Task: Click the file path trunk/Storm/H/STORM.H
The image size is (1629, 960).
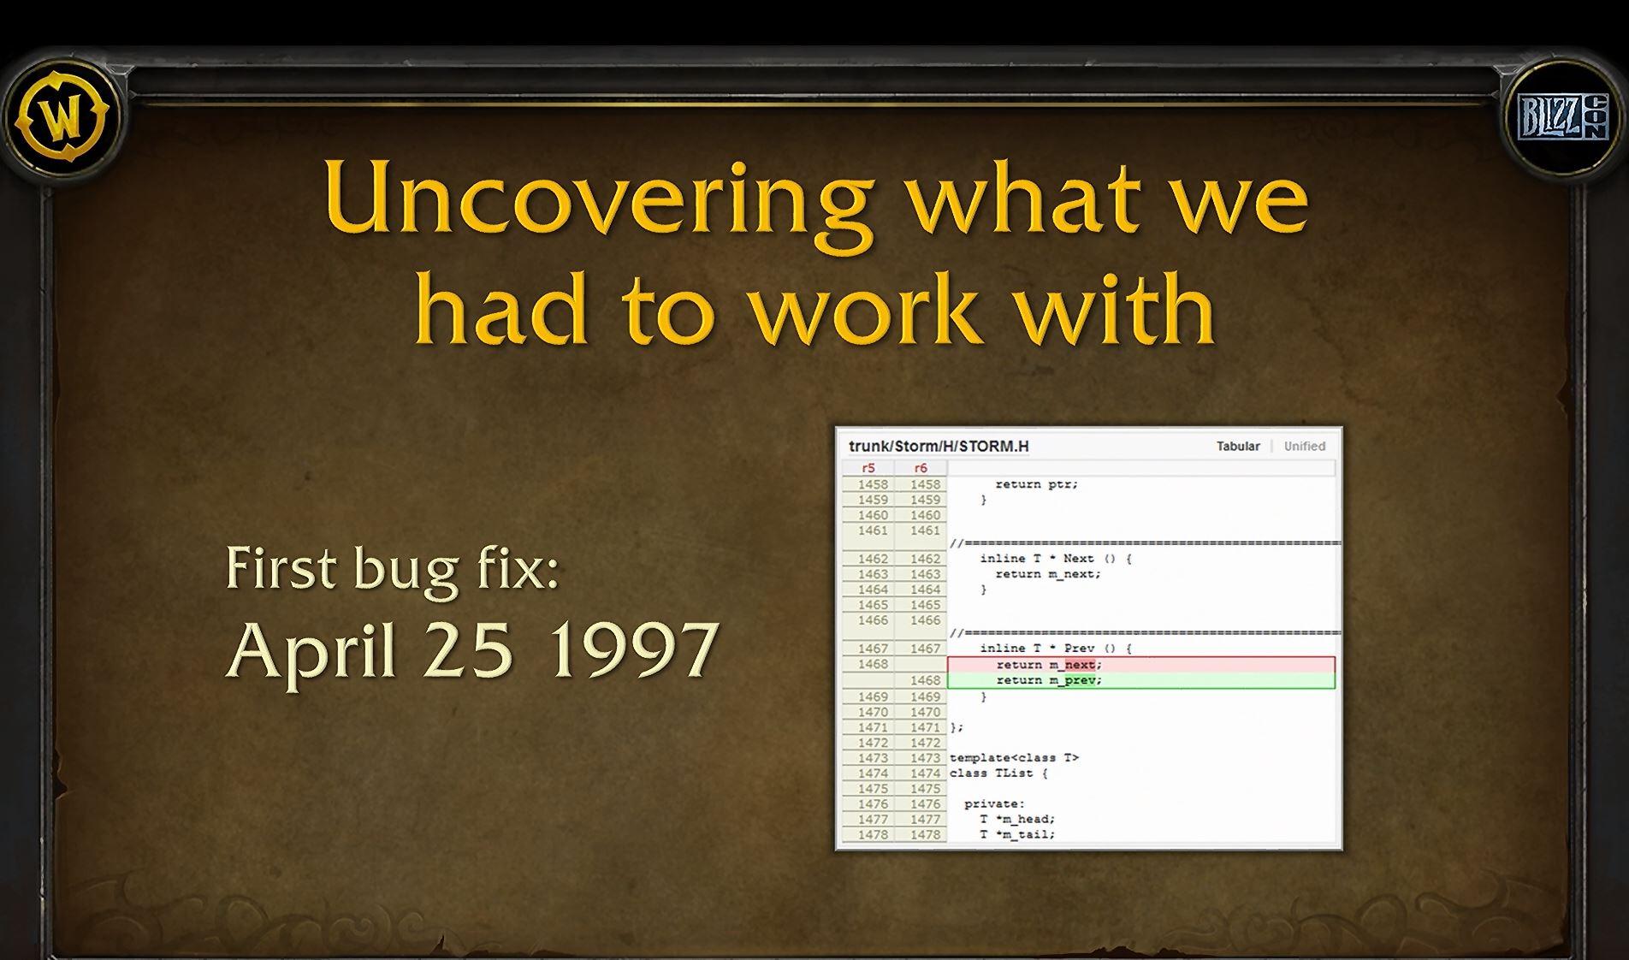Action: pyautogui.click(x=939, y=446)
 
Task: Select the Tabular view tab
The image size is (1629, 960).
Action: pyautogui.click(x=1238, y=446)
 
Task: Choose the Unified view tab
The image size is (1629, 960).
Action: pyautogui.click(x=1304, y=446)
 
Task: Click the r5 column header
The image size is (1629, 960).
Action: pyautogui.click(x=868, y=468)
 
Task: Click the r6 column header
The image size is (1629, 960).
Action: pyautogui.click(x=921, y=468)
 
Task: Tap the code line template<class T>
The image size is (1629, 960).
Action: pyautogui.click(x=1014, y=758)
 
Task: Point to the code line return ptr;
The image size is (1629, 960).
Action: pyautogui.click(x=1037, y=484)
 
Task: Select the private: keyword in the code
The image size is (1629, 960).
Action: pyautogui.click(x=994, y=804)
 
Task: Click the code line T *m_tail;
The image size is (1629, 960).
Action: pyautogui.click(x=1017, y=834)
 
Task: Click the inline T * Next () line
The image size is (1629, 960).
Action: pyautogui.click(x=1056, y=559)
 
